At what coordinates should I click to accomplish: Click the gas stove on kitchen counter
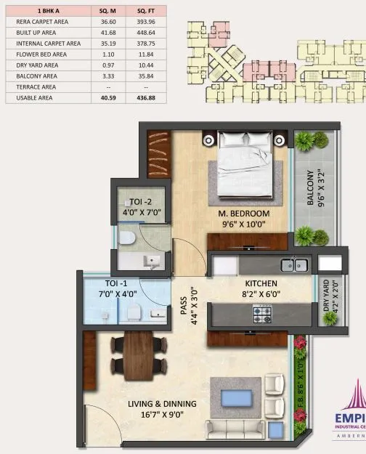[262, 314]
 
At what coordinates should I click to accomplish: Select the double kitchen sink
[294, 264]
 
